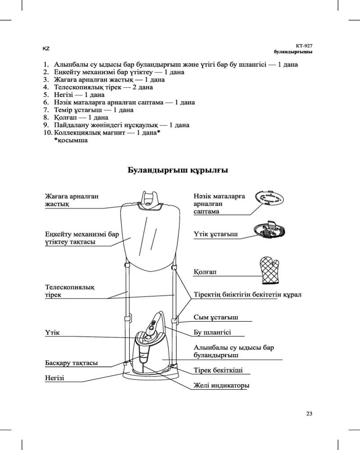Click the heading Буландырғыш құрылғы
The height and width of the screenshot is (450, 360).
click(178, 170)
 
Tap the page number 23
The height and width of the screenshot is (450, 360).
click(309, 414)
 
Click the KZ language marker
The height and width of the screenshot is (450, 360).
click(46, 49)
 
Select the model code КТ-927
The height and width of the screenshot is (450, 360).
click(304, 46)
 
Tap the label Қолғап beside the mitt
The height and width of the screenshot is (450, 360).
click(205, 272)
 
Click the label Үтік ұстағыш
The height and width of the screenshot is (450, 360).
click(216, 234)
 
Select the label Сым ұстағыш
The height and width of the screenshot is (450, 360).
click(216, 317)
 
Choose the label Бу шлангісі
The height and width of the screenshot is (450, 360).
click(212, 333)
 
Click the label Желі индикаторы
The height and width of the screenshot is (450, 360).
click(221, 385)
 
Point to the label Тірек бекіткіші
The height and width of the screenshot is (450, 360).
click(218, 370)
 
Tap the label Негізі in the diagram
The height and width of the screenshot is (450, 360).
click(54, 378)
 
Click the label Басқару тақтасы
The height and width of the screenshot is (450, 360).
click(72, 363)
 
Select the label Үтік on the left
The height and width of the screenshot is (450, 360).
click(52, 333)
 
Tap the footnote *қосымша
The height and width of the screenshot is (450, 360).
click(71, 140)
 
